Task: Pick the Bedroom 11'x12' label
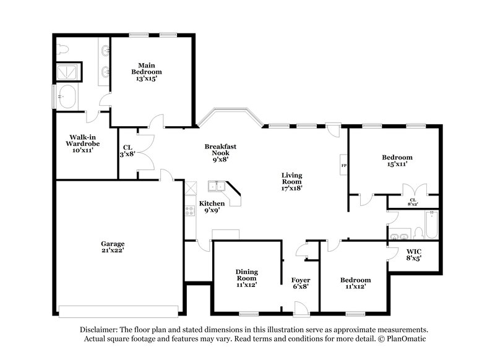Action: [356, 283]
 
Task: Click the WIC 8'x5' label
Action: [415, 255]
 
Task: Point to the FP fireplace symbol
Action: [343, 166]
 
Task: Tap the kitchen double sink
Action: [217, 185]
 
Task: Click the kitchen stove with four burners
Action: [189, 211]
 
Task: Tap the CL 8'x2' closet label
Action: [413, 201]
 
